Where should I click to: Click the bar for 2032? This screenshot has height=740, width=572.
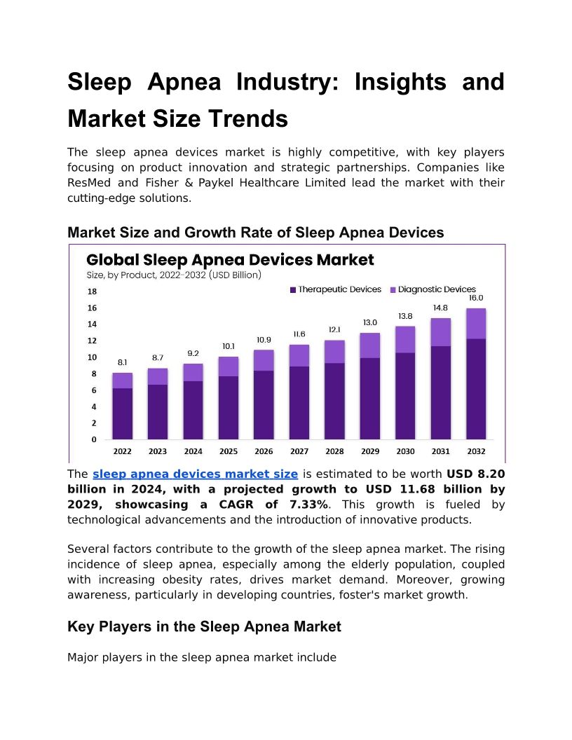point(476,375)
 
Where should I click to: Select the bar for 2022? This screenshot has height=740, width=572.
point(122,406)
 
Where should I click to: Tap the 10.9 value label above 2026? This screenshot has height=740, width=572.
point(264,340)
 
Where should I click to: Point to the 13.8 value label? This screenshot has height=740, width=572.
point(405,316)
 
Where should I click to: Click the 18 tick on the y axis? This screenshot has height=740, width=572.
point(92,292)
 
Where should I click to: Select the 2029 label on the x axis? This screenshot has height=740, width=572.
point(370,452)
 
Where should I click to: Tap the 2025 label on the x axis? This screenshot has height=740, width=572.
point(229,452)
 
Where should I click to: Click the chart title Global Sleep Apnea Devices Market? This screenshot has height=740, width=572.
point(230,260)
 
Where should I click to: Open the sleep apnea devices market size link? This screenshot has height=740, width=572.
point(195,474)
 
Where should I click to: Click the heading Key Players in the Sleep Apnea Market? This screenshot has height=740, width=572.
point(204,627)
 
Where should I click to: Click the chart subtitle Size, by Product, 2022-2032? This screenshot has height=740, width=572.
point(173,275)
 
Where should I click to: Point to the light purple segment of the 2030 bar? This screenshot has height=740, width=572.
point(405,339)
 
